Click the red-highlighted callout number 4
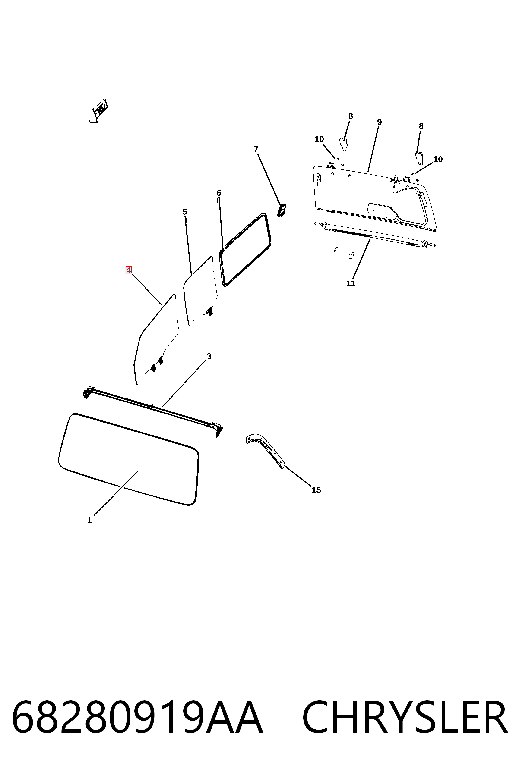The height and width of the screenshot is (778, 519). coord(128,270)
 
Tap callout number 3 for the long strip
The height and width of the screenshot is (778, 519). coord(209,356)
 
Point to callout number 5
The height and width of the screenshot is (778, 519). coord(185,212)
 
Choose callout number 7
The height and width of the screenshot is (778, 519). coord(256,149)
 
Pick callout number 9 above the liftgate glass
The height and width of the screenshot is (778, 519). coord(379,122)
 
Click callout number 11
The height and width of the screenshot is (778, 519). coord(351,283)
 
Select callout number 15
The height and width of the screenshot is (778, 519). coord(316,490)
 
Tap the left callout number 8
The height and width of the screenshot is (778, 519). coord(351,116)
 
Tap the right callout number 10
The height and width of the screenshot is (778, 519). coord(438,159)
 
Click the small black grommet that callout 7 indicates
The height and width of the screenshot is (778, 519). coord(281,210)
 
